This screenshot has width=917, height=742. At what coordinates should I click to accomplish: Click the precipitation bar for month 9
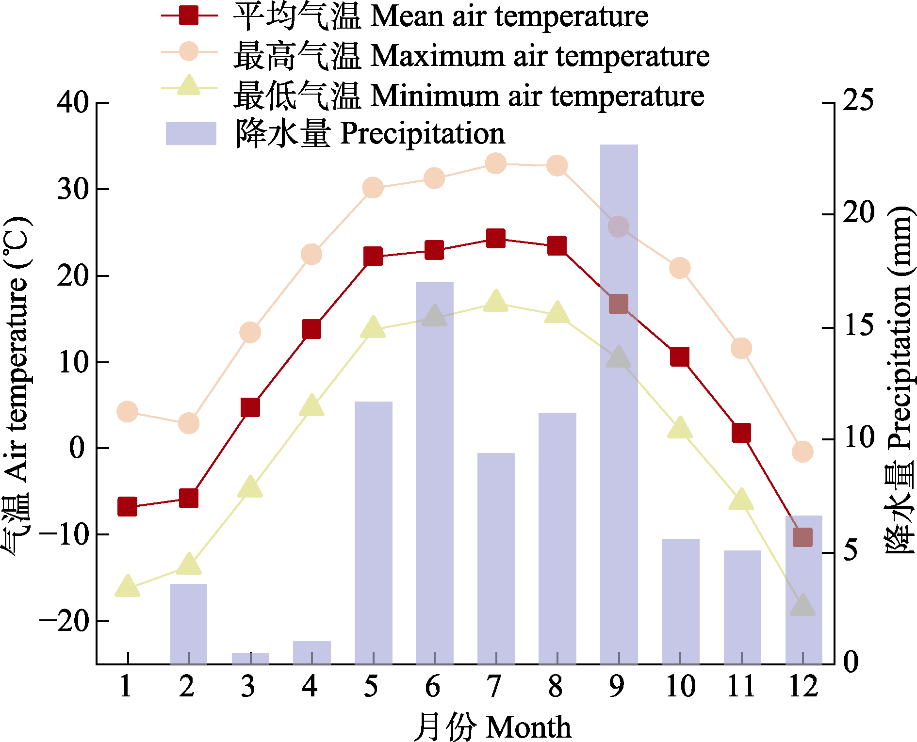click(619, 436)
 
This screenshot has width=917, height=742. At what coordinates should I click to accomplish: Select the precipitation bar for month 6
click(434, 485)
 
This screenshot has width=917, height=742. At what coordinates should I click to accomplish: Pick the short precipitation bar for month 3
click(250, 658)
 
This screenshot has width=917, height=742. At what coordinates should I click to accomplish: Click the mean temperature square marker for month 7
click(495, 238)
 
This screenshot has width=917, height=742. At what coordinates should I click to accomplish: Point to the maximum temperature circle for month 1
click(127, 412)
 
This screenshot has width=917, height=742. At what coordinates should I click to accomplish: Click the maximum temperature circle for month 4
click(311, 254)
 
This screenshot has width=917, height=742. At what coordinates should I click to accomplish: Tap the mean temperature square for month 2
click(189, 498)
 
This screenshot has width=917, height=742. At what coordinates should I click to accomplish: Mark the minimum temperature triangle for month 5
click(373, 328)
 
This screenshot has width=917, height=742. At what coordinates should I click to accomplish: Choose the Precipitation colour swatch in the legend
click(191, 133)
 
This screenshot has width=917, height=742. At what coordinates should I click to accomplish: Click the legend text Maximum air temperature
click(540, 56)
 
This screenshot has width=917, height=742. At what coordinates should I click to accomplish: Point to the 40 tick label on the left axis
click(73, 102)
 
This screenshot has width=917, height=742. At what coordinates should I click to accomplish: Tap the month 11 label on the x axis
click(741, 686)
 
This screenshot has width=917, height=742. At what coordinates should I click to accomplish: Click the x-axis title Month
click(528, 727)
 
